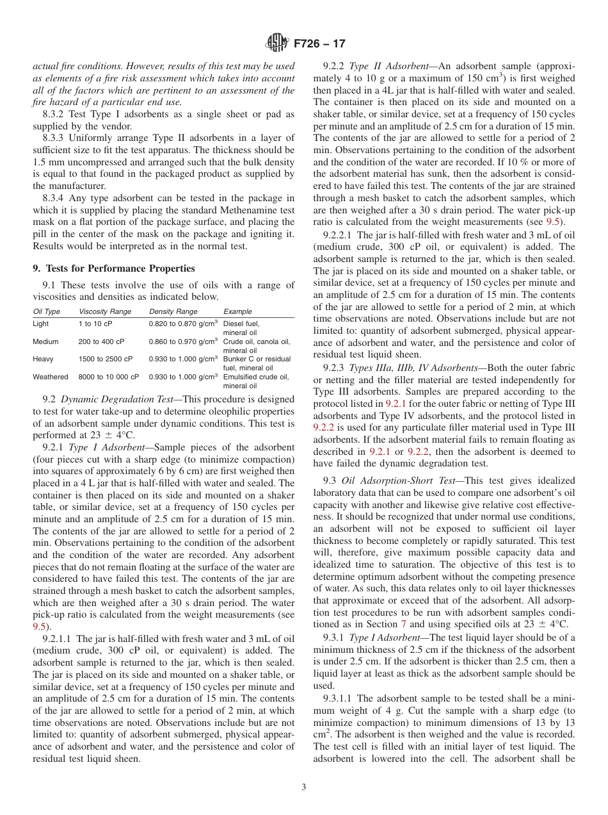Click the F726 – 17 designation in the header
click(319, 44)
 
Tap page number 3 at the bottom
click(304, 787)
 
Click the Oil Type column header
click(47, 311)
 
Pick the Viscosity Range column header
click(105, 311)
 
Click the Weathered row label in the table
click(50, 377)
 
